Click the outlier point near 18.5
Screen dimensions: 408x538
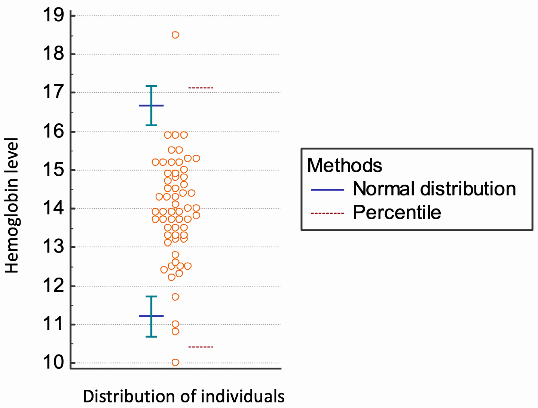(175, 35)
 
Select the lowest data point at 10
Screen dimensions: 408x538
(175, 362)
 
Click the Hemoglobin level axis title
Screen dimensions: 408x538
(12, 205)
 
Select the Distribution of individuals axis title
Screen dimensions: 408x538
(183, 396)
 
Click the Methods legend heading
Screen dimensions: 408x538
(344, 165)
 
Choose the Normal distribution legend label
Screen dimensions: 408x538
(434, 189)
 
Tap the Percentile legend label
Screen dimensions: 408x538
(397, 213)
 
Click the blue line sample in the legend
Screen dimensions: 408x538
(327, 190)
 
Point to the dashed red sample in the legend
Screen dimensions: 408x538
(327, 213)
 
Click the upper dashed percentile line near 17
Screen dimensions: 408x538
(201, 88)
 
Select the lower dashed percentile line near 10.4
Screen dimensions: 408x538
(201, 347)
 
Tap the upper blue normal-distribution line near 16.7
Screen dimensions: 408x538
(151, 106)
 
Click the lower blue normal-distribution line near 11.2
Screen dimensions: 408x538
(151, 316)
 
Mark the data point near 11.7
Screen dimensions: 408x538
(175, 297)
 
